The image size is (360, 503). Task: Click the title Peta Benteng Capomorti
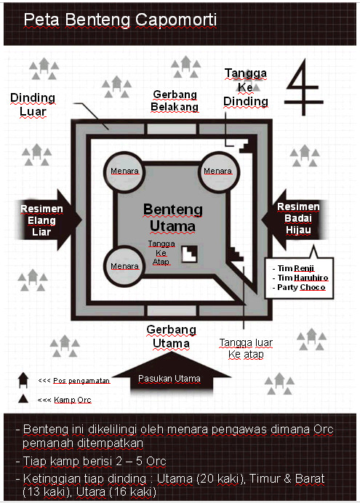120,20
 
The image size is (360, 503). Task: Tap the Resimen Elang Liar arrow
48,220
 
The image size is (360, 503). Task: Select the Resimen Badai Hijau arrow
295,220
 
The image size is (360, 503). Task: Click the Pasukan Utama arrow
171,373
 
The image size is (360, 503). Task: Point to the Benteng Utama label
172,217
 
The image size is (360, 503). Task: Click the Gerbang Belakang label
175,100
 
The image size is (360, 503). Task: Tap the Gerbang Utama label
172,337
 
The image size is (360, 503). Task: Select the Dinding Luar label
33,105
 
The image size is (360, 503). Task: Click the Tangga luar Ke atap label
246,348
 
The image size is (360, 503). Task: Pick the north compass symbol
303,87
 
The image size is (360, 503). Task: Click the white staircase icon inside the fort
189,254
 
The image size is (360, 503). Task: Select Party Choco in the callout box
299,287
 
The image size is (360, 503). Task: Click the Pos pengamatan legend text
81,380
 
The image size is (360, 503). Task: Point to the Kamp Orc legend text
73,400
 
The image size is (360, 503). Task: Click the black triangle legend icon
23,399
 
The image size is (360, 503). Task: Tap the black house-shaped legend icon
23,379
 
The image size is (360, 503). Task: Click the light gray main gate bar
172,310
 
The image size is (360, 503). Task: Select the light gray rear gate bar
172,129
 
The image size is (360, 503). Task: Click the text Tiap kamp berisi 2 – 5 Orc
95,461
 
